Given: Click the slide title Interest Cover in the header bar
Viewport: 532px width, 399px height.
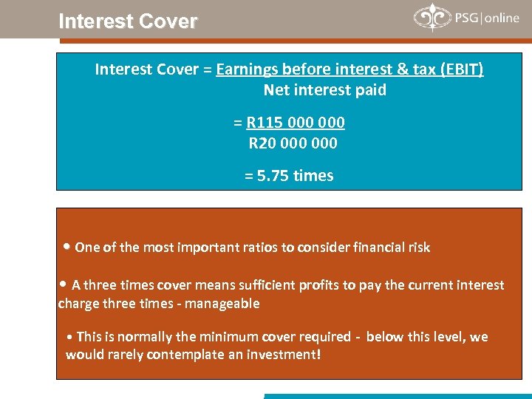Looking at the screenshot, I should (128, 21).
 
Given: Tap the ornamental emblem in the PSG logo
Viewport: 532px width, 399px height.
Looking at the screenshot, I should (431, 18).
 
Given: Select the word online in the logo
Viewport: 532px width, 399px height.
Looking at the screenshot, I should (502, 18).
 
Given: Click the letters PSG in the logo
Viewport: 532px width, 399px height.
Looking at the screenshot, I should (465, 18).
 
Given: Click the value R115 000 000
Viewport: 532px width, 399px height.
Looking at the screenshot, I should (296, 122).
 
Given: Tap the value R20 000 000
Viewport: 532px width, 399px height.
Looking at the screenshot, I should (293, 143).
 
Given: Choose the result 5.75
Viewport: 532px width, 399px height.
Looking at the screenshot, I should (273, 176).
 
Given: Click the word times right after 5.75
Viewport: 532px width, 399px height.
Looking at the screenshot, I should (313, 176).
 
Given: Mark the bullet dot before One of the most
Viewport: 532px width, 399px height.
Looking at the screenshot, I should (67, 247).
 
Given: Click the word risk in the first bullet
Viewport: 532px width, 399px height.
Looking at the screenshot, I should (417, 248).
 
